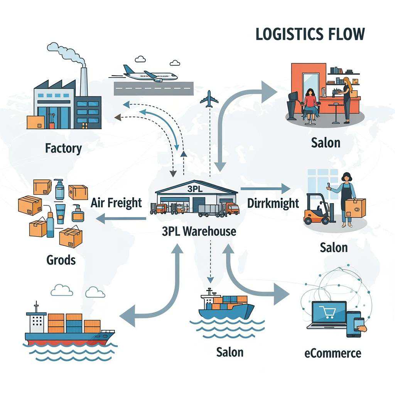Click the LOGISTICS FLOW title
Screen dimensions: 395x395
point(310,34)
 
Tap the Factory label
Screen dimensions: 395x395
point(63,148)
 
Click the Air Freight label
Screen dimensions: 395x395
point(116,203)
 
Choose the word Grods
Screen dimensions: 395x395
point(61,260)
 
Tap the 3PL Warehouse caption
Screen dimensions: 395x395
point(199,231)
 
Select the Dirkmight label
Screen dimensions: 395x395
point(273,203)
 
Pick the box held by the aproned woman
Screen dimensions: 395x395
point(355,208)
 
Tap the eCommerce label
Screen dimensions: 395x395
point(333,353)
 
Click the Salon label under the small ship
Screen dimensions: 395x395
point(230,352)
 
